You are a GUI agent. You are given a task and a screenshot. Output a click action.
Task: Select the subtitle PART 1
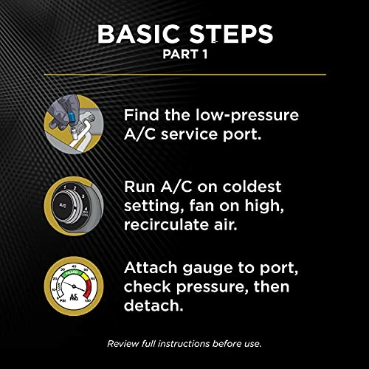point(184,57)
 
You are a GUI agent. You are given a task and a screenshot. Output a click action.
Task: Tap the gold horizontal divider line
point(184,75)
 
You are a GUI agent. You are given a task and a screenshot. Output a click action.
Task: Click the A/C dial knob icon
point(75,198)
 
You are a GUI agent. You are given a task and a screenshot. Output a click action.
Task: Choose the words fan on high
point(234,204)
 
